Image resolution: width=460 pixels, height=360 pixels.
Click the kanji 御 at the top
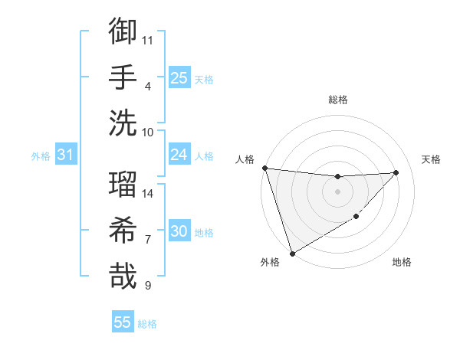123,32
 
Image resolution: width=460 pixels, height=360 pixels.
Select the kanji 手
123,77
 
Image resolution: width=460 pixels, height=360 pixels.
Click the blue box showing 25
179,78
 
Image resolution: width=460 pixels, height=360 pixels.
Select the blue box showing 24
179,155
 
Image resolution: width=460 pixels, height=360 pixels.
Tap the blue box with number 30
179,231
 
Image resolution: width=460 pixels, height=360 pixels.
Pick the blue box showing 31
66,155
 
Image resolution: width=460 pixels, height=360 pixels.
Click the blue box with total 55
123,322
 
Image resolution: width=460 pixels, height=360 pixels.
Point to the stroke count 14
148,194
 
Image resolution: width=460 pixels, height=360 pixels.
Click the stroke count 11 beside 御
148,40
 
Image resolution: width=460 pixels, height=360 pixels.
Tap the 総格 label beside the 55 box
147,324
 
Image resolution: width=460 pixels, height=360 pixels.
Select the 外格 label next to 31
41,156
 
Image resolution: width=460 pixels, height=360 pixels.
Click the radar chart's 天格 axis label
432,159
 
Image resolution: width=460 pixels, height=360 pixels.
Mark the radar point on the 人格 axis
264,168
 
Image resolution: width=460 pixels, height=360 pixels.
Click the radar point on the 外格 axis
292,253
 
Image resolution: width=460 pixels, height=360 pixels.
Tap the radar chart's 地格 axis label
402,263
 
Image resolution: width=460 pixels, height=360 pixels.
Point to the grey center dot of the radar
337,191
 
